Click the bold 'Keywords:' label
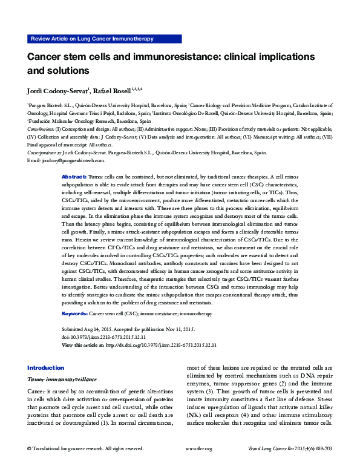point(75,314)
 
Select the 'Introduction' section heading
point(45,368)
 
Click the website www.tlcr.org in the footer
point(198,465)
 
